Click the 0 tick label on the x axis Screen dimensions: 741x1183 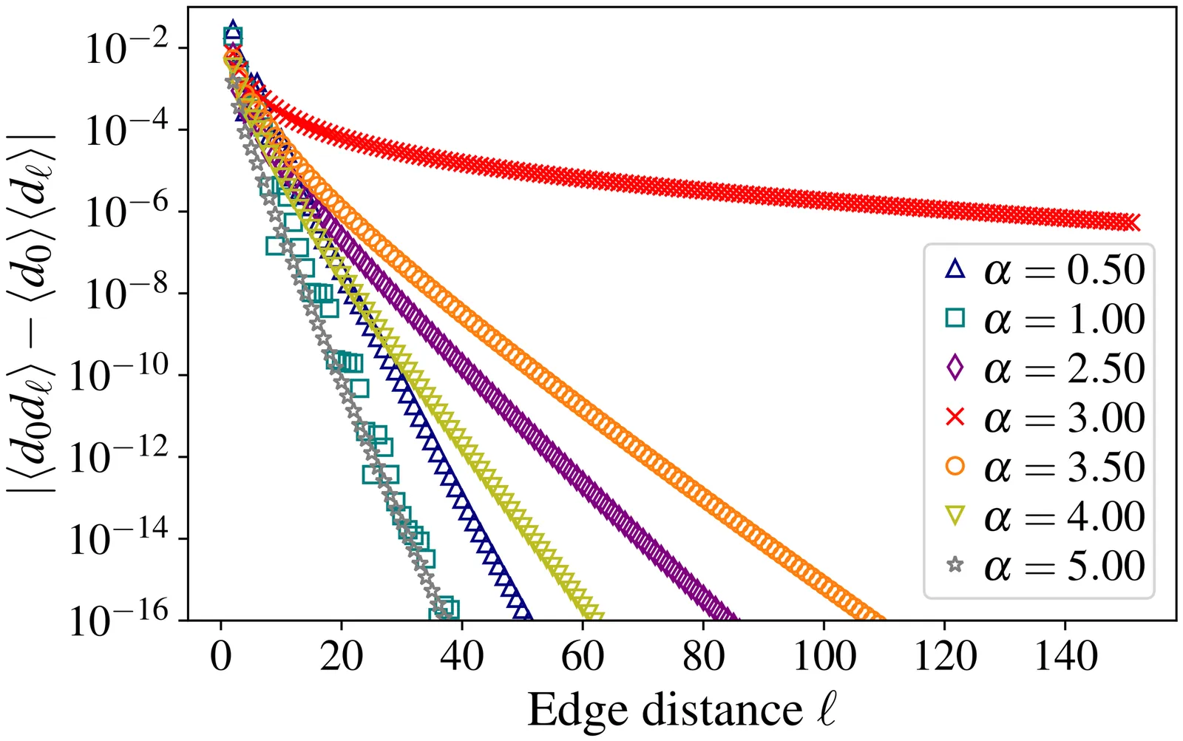(x=220, y=657)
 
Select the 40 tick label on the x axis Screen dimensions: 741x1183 (x=462, y=657)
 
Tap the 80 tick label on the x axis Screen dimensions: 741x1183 (x=703, y=657)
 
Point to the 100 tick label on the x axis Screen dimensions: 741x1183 (x=824, y=657)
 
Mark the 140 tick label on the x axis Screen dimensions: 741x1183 (x=1065, y=657)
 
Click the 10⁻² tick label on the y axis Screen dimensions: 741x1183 (x=126, y=49)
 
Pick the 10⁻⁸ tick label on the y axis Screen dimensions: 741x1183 (x=126, y=294)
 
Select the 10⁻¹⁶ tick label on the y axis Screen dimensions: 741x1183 (x=118, y=620)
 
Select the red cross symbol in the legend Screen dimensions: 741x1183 (x=955, y=417)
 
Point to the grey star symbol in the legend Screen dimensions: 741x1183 (x=955, y=566)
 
